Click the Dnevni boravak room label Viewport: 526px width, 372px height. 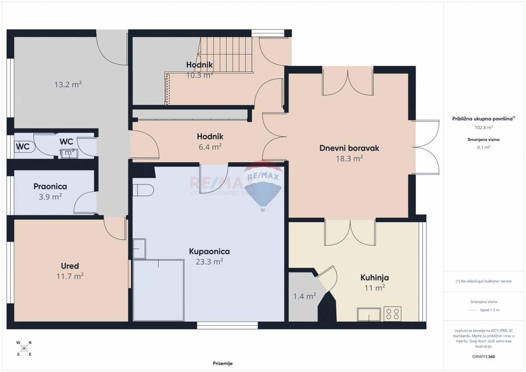[x=349, y=148]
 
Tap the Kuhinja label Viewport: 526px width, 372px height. [x=374, y=277]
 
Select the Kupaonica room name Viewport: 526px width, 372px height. [x=209, y=252]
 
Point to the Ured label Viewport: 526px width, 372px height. [x=70, y=266]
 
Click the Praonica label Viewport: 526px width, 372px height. [x=50, y=187]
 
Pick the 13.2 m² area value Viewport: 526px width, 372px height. [x=68, y=85]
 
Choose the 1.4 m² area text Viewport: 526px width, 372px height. [x=304, y=297]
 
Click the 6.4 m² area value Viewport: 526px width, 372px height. [x=210, y=147]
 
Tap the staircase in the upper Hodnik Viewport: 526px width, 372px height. [x=225, y=55]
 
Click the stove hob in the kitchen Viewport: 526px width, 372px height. [x=392, y=314]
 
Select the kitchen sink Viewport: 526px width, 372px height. [x=369, y=314]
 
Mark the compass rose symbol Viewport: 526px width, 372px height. [x=24, y=348]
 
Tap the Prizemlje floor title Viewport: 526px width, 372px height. [x=223, y=363]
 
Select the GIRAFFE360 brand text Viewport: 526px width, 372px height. [x=484, y=356]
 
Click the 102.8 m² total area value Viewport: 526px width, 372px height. [x=483, y=128]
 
